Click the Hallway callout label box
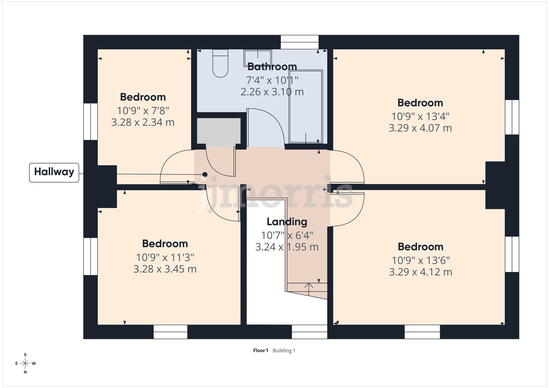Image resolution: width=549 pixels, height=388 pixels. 54,172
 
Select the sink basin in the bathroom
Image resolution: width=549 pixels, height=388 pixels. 257,58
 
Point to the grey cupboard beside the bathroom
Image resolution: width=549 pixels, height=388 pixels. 219,131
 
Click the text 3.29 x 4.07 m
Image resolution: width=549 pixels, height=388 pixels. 420,128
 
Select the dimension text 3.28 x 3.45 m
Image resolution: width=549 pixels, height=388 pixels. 165,269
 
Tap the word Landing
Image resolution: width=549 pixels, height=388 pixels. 287,222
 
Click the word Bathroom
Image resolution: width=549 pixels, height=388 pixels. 272,67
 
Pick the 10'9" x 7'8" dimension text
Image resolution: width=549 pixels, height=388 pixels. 143,111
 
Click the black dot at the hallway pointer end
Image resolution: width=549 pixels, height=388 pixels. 205,174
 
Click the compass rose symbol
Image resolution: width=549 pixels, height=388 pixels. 25,364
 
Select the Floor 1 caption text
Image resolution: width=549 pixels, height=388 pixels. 261,350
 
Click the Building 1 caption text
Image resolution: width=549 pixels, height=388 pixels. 284,350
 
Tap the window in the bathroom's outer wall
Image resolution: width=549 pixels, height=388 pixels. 299,42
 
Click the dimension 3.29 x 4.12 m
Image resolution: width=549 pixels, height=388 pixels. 420,272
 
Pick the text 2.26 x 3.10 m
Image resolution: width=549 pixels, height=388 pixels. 272,92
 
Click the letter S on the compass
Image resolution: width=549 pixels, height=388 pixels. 25,355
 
